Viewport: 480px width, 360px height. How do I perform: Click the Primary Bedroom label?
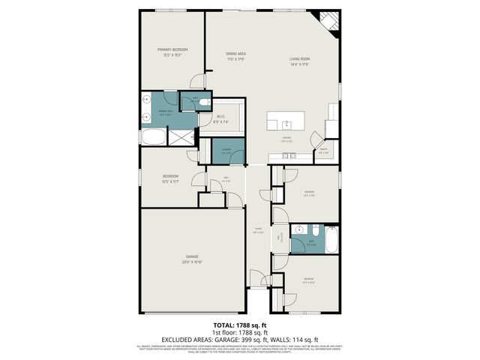(172, 49)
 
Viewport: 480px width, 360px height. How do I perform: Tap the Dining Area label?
(236, 54)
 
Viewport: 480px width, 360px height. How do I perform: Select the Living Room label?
(300, 59)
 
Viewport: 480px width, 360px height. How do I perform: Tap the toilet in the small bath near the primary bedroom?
(205, 104)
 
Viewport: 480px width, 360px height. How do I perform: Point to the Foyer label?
(257, 230)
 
